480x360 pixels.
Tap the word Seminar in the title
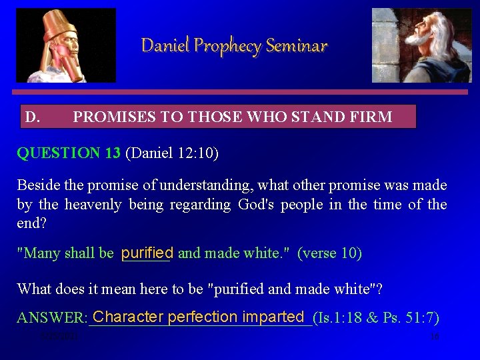coord(297,46)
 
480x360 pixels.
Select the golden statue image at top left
coord(66,45)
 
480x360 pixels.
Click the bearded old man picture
coord(421,45)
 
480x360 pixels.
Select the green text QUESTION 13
coord(69,153)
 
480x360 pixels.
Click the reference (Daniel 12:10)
coord(172,153)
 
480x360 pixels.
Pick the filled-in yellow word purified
coord(147,253)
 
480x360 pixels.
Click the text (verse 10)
coord(329,253)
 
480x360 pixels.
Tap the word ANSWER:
coord(53,319)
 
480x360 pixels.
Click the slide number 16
coord(435,337)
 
